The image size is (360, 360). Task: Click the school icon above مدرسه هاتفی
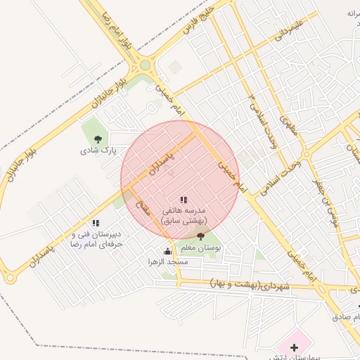[184, 200]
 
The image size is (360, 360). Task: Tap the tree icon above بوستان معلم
[202, 237]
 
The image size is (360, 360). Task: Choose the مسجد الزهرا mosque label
[167, 262]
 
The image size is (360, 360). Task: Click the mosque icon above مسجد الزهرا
[167, 250]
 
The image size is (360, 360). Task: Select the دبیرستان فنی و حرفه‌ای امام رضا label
[96, 238]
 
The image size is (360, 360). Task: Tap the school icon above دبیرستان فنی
[96, 224]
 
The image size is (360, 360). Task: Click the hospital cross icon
[293, 347]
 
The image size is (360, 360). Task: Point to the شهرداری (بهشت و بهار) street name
[250, 285]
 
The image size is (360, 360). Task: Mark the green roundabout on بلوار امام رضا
[146, 65]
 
